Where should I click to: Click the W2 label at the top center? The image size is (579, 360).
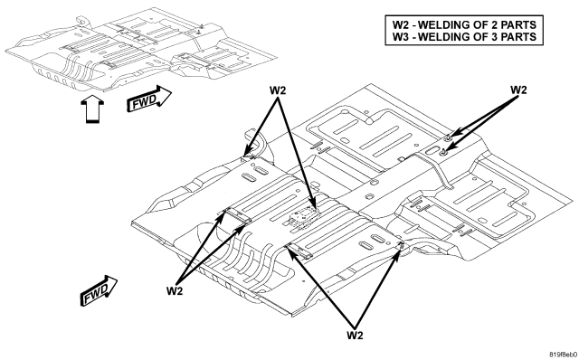point(278,90)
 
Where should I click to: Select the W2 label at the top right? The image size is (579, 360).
point(518,90)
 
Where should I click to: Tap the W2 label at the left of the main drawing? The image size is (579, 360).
point(175,290)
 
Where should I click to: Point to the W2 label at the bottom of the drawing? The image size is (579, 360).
point(355,335)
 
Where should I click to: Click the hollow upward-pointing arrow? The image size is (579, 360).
point(92,109)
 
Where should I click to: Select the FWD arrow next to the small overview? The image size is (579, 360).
point(148,99)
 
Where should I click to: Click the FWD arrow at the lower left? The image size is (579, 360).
point(99,290)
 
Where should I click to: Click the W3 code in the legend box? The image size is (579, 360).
point(400,36)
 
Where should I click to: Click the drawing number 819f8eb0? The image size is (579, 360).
point(563,355)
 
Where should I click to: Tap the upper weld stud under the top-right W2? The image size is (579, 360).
point(448,138)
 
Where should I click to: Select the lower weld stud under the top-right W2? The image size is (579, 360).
point(443,150)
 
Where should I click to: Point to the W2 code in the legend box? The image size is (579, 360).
point(400,24)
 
